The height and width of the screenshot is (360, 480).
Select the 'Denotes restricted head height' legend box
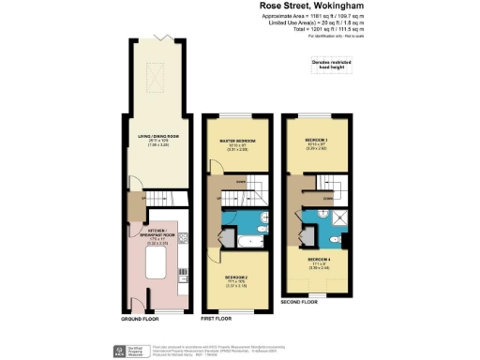327,65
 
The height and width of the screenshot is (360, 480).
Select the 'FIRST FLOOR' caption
218,319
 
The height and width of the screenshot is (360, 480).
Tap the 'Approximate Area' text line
312,16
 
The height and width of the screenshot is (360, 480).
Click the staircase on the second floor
322,187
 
